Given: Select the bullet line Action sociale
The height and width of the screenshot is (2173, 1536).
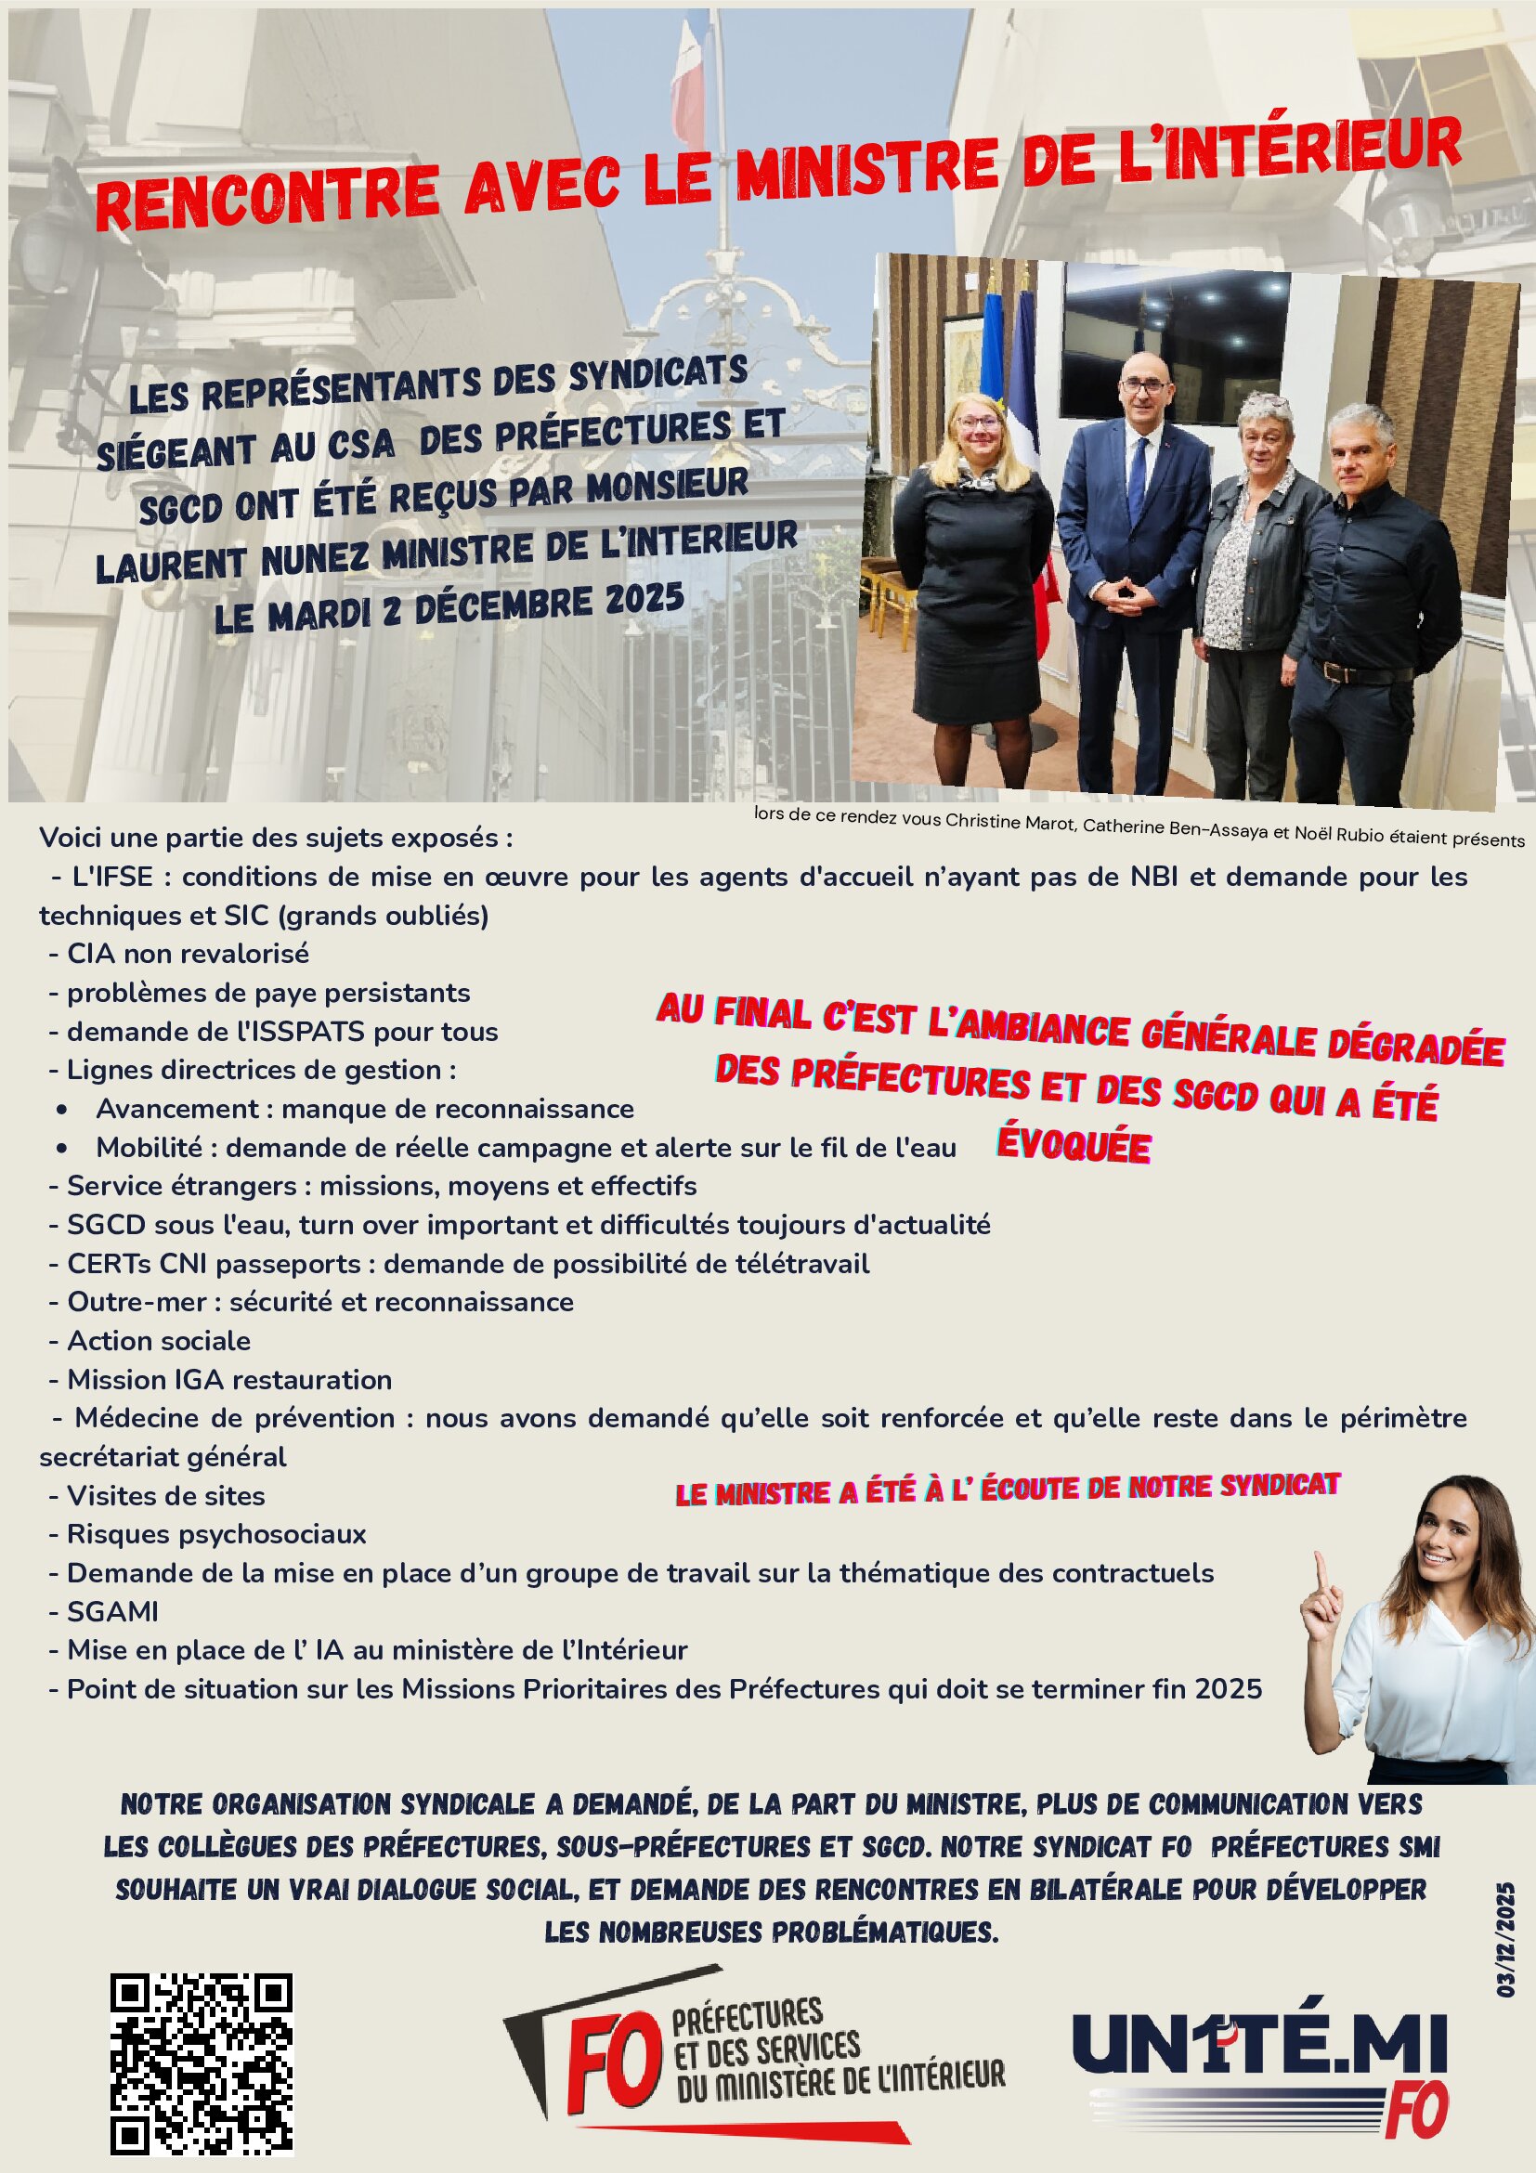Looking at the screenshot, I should (x=158, y=1340).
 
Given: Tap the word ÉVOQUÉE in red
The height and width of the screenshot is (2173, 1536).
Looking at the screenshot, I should (x=1074, y=1145).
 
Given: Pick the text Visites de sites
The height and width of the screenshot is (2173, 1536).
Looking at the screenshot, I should (x=165, y=1495).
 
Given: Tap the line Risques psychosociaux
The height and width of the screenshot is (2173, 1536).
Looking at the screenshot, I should (x=215, y=1533).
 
